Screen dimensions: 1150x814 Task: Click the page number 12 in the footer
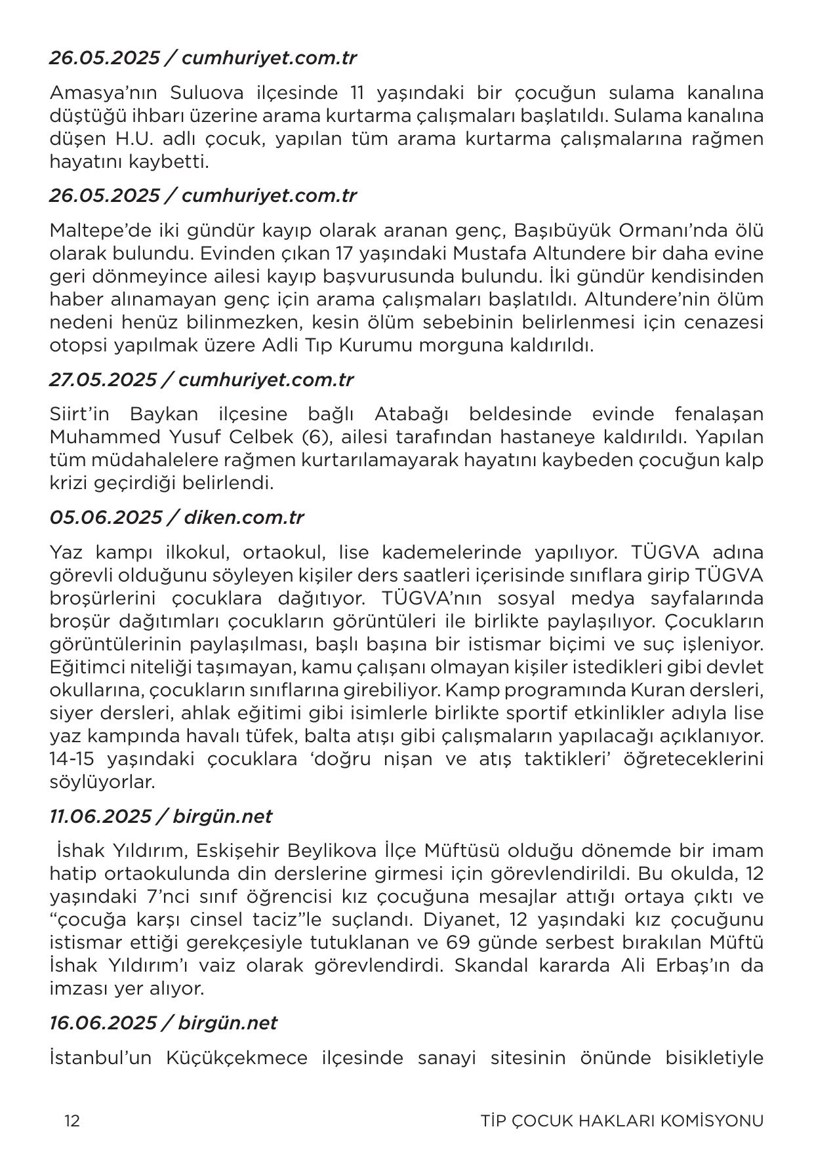click(x=72, y=1120)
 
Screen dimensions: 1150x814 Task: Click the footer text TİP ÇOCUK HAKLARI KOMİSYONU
click(x=622, y=1120)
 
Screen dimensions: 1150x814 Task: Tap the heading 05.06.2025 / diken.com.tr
click(x=176, y=517)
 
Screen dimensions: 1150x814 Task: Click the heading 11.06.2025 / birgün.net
click(x=161, y=816)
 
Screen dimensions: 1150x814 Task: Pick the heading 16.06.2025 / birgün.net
click(x=163, y=1023)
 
